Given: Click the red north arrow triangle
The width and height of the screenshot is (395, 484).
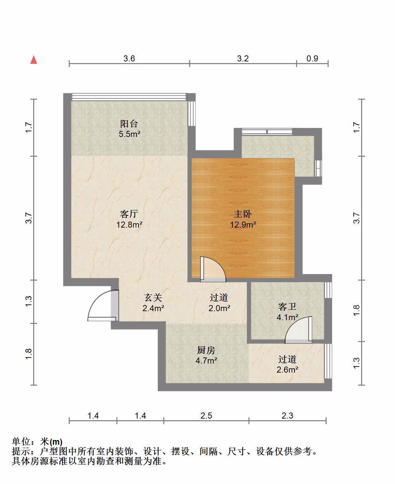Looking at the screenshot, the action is tap(34, 60).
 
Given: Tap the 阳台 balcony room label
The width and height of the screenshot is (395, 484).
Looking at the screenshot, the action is tap(129, 124).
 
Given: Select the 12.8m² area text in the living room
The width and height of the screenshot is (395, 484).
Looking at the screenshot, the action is tap(129, 225).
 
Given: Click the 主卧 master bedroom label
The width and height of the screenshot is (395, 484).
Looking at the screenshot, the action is tap(243, 214).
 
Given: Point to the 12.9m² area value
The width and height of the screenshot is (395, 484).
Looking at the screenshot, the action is tap(243, 225).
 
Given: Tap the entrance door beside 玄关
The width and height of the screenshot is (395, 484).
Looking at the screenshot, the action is tap(103, 305).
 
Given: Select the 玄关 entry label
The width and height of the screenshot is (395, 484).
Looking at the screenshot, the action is tap(153, 298).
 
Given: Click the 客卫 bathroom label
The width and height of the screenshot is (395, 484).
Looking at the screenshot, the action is tap(287, 307).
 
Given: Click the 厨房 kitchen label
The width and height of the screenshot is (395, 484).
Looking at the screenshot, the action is tap(206, 350).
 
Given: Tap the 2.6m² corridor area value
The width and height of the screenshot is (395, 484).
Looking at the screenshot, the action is tap(287, 370).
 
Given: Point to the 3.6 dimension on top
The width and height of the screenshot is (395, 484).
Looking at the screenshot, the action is tap(129, 58).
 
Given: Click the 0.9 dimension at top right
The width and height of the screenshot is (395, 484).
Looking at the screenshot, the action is tap(312, 58).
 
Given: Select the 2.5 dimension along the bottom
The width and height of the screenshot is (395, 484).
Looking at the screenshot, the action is tap(206, 416).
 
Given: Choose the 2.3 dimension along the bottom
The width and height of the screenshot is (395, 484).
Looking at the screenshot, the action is tap(287, 416).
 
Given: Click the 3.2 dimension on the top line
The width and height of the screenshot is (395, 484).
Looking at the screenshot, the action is tap(243, 58).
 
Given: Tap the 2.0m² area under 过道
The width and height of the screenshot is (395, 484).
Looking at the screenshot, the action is tap(219, 308).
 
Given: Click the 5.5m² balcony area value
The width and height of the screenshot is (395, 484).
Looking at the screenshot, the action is tap(129, 134).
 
